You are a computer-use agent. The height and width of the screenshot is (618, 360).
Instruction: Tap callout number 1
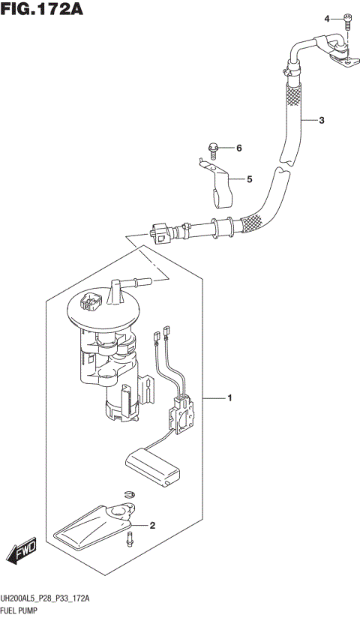click(231, 397)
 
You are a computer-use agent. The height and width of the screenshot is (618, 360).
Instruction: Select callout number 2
click(152, 525)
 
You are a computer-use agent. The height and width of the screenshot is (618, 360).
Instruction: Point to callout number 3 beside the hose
click(321, 120)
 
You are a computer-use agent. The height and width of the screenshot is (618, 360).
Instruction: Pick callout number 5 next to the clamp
click(250, 179)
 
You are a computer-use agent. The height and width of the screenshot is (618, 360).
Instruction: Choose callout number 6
click(240, 148)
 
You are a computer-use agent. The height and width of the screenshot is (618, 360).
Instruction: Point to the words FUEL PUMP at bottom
click(22, 612)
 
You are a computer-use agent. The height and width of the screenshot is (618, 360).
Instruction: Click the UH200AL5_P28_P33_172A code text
click(46, 599)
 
